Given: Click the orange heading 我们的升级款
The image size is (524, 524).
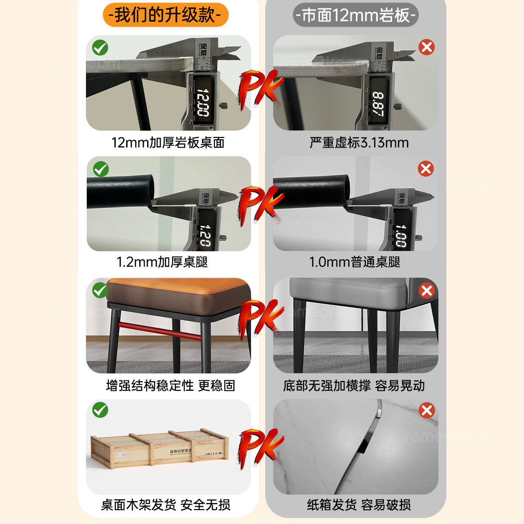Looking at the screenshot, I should (x=165, y=15).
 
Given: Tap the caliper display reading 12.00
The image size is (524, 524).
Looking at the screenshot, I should (x=202, y=102).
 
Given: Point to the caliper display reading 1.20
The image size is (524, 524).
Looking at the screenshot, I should (x=205, y=236).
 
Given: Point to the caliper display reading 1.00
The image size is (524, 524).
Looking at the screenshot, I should (x=400, y=236).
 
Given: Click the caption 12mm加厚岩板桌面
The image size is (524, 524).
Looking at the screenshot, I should (x=168, y=142).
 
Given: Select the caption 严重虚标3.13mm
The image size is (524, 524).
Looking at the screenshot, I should (x=359, y=142).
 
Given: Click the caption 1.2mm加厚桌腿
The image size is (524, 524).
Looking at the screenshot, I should (x=162, y=262).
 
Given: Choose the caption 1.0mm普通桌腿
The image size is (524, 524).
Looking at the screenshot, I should (x=355, y=262).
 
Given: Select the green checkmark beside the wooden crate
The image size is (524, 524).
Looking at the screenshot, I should (x=100, y=410).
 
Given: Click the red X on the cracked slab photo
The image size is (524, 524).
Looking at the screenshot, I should (x=427, y=410).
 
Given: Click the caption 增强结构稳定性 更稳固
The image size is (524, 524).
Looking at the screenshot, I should (x=171, y=386).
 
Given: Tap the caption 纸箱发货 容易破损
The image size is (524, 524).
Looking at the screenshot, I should (x=359, y=505).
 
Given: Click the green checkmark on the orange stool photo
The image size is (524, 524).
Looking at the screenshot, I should (x=100, y=290).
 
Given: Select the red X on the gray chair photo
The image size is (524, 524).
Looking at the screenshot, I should (x=427, y=291).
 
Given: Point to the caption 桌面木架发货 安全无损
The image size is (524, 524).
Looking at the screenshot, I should (x=166, y=505).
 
